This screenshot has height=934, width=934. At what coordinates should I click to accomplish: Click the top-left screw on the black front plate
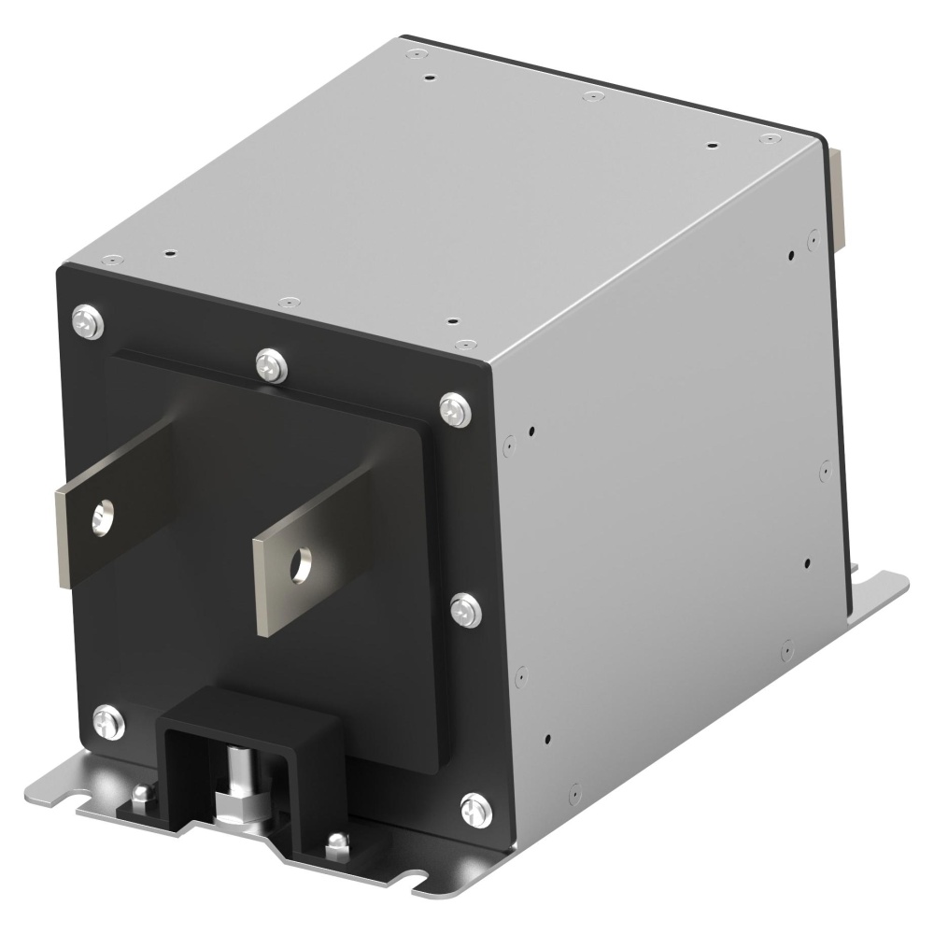86,322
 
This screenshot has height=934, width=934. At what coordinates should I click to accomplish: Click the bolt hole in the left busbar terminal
103,516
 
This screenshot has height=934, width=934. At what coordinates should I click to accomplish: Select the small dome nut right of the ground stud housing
333,847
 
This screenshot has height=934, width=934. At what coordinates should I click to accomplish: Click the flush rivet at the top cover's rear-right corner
768,139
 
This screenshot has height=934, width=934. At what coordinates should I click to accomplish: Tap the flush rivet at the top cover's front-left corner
112,259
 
